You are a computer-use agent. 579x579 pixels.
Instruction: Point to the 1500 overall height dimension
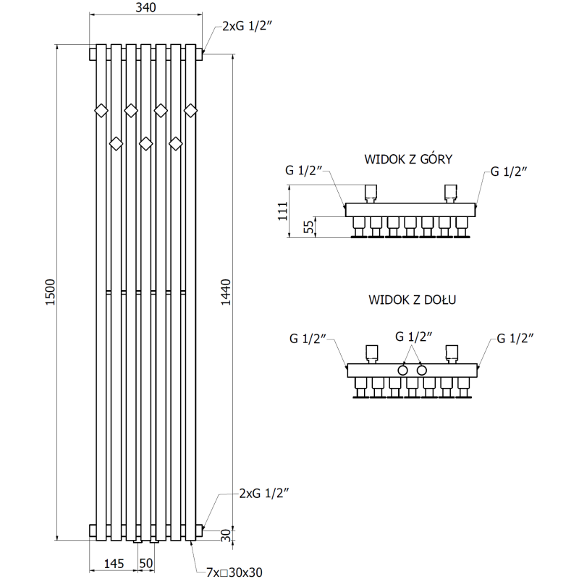49,292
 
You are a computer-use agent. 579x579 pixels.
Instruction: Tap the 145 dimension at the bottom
113,562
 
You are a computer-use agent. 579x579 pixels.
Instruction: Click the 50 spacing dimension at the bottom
146,562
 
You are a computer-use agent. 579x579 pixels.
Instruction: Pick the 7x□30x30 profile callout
234,572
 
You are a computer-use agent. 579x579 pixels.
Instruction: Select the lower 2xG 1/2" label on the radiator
264,494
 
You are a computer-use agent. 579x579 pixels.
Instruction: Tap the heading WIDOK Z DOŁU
410,298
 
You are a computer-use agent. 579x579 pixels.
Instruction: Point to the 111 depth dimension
283,211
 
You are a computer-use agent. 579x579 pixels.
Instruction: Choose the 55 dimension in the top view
309,227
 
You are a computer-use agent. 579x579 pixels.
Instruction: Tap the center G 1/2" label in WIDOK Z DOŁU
413,337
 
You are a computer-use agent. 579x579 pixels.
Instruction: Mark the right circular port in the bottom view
422,370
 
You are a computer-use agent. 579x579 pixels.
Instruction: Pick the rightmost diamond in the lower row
175,143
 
